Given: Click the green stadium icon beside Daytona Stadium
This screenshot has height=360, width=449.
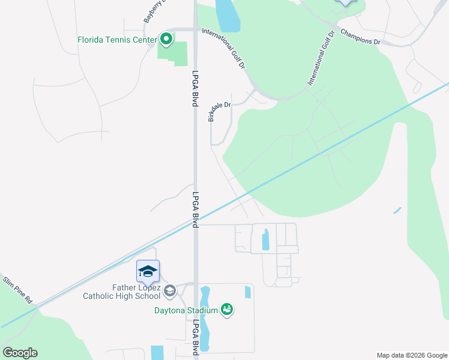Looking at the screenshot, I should pyautogui.click(x=226, y=310).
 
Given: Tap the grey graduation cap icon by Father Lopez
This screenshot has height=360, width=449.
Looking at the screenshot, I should pyautogui.click(x=170, y=291).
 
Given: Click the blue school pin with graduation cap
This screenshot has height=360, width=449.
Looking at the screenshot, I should pyautogui.click(x=148, y=272).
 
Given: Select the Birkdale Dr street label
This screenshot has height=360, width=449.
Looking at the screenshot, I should pyautogui.click(x=219, y=112).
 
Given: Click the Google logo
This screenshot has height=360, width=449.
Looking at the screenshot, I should pyautogui.click(x=20, y=353).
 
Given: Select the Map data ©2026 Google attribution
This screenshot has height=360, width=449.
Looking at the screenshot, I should pyautogui.click(x=412, y=355).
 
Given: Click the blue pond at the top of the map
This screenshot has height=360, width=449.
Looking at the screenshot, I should pyautogui.click(x=227, y=15).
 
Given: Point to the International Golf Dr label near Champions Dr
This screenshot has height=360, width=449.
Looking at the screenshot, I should pyautogui.click(x=320, y=58).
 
